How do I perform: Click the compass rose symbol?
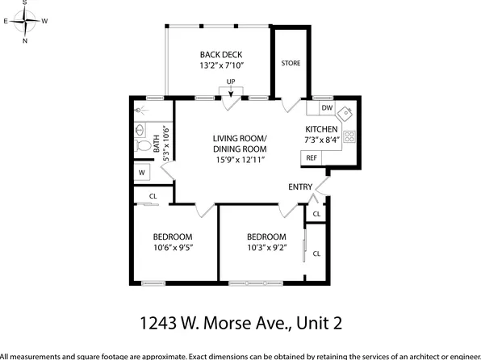click(x=24, y=20)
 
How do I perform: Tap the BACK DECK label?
click(x=221, y=55)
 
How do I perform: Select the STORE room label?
click(x=291, y=63)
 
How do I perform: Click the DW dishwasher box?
click(x=327, y=108)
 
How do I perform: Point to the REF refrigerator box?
click(x=311, y=158)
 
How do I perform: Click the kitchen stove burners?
click(x=350, y=136)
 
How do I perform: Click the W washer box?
click(x=142, y=173)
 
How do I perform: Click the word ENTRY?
click(x=300, y=187)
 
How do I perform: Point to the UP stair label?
click(x=231, y=82)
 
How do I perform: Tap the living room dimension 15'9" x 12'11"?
click(x=239, y=160)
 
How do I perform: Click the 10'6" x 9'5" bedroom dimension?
click(x=173, y=248)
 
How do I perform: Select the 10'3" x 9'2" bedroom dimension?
click(x=267, y=248)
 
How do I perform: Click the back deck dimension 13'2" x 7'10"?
click(x=221, y=65)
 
